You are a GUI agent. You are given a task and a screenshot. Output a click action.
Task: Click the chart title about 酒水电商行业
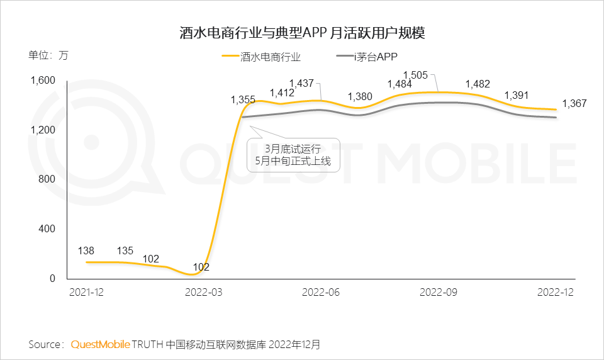click(x=302, y=33)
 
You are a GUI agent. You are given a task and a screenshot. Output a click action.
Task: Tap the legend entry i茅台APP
click(x=376, y=57)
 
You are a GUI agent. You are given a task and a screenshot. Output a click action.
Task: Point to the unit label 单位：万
click(x=48, y=55)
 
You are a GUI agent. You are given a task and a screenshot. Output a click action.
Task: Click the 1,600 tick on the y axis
click(x=43, y=81)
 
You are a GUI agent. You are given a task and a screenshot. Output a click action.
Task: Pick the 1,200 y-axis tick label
click(x=43, y=130)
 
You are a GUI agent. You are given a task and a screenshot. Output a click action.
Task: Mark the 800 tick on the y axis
click(x=47, y=179)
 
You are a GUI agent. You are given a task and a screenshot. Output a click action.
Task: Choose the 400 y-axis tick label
click(x=47, y=229)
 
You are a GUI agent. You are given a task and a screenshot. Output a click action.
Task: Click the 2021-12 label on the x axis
click(x=86, y=293)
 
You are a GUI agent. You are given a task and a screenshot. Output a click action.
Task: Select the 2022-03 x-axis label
click(x=204, y=293)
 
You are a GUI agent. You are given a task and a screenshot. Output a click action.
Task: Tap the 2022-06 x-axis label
click(x=322, y=293)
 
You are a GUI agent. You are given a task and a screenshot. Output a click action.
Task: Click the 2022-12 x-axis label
click(x=556, y=293)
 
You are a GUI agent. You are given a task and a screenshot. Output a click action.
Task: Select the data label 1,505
click(x=415, y=76)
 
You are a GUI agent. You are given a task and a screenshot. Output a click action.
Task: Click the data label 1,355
click(x=243, y=99)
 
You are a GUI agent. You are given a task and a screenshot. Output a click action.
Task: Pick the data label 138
click(x=86, y=251)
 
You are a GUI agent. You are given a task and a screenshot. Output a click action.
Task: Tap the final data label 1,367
click(x=574, y=103)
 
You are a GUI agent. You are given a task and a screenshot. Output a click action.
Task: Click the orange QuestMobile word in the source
click(x=101, y=345)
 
